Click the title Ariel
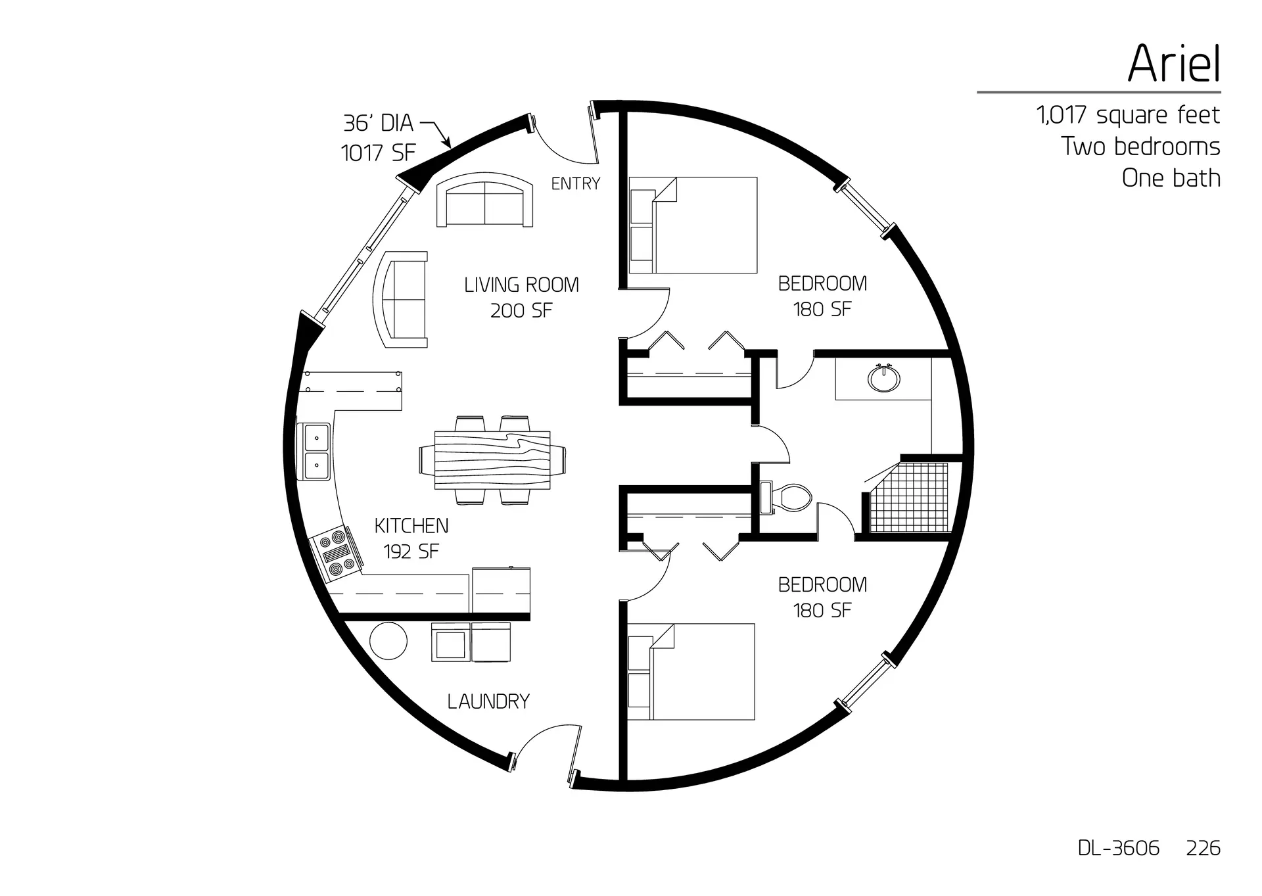click(x=1174, y=64)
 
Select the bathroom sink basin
click(x=884, y=378)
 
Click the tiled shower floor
click(x=909, y=498)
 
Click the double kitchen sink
click(x=317, y=451)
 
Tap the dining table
click(x=492, y=460)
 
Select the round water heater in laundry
click(x=388, y=641)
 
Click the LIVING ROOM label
click(x=521, y=285)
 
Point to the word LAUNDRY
click(x=488, y=701)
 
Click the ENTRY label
click(x=576, y=183)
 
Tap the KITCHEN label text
click(x=411, y=526)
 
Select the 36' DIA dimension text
click(x=378, y=123)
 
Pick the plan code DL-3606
click(x=1118, y=848)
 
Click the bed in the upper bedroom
click(x=693, y=225)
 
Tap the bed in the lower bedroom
click(x=691, y=671)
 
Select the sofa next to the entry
click(x=485, y=200)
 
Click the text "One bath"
click(x=1171, y=178)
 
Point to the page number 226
click(x=1203, y=848)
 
